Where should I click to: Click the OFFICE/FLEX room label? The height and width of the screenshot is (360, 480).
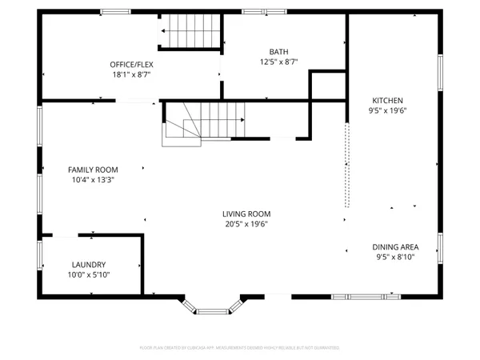131,64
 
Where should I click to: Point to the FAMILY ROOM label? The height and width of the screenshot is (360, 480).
93,170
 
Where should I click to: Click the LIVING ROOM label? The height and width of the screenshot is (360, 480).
246,214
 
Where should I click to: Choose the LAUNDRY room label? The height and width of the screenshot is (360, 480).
89,265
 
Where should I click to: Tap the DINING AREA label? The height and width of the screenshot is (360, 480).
395,246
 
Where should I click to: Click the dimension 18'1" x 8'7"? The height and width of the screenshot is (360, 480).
131,74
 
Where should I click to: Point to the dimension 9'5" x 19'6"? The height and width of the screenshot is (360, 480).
387,110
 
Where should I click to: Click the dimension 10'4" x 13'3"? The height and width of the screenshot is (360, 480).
93,180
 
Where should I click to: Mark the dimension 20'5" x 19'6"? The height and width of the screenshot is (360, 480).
246,224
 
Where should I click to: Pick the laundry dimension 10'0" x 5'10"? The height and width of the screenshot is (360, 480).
89,275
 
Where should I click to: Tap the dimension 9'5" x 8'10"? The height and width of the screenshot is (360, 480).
395,257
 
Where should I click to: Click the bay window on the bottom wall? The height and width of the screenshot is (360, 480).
213,307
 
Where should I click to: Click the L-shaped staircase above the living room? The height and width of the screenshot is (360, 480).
204,122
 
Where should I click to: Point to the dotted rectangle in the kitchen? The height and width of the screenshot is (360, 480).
346,163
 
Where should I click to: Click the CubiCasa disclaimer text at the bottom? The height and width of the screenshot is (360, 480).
239,348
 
